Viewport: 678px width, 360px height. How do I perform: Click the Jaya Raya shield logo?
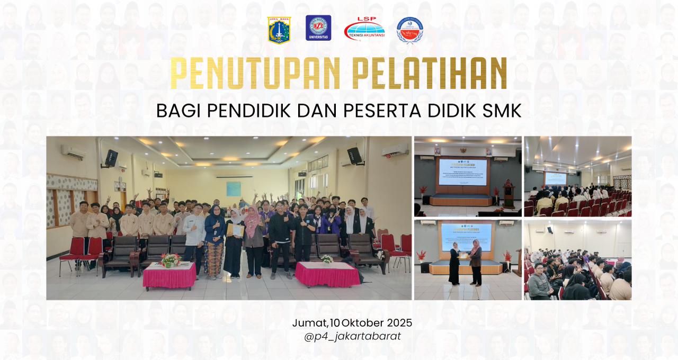[x=279, y=30]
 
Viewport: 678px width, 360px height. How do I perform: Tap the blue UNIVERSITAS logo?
[x=318, y=28]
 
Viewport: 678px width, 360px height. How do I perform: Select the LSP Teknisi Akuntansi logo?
[x=364, y=30]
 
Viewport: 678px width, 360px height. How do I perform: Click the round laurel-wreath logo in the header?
[x=409, y=30]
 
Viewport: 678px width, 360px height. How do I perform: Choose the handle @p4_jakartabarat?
[x=352, y=336]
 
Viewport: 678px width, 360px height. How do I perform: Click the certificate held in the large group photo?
[x=236, y=230]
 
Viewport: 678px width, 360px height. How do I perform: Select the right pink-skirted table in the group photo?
[x=327, y=274]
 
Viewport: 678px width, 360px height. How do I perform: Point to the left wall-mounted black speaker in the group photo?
[x=111, y=157]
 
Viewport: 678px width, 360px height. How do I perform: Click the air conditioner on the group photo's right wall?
[x=395, y=150]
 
